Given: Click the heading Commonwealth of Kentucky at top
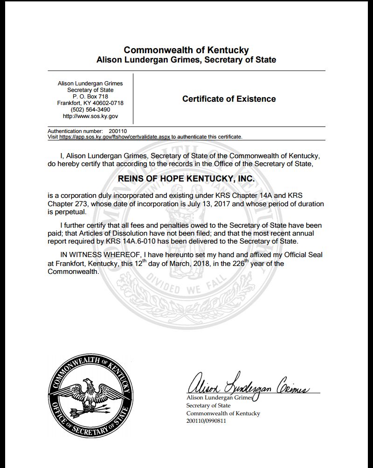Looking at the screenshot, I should pyautogui.click(x=186, y=50).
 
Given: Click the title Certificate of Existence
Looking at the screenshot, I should pyautogui.click(x=229, y=99).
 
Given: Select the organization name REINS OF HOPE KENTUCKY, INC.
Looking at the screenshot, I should pyautogui.click(x=186, y=179).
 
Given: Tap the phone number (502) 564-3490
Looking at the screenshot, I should pyautogui.click(x=90, y=109).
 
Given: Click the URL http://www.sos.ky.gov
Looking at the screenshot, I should pyautogui.click(x=90, y=116).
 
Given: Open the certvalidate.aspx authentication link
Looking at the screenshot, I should pyautogui.click(x=115, y=137).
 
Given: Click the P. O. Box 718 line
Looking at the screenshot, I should pyautogui.click(x=90, y=96).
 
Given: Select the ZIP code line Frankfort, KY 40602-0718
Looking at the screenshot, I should pyautogui.click(x=90, y=103).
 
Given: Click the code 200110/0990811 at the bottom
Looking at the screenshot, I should pyautogui.click(x=206, y=421).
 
